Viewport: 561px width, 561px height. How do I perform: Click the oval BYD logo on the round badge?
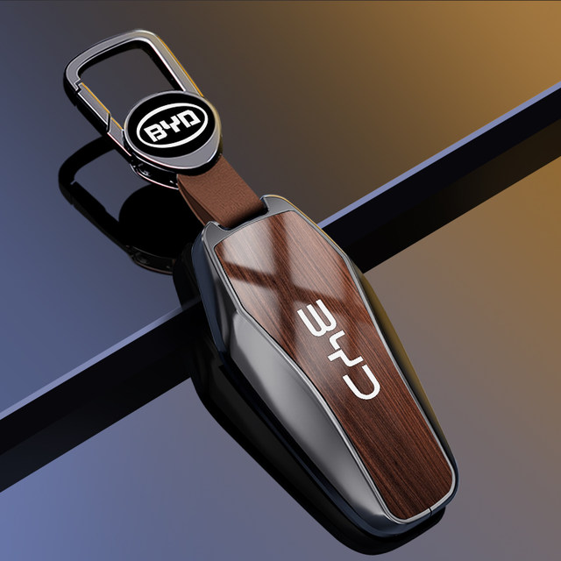[x=172, y=125]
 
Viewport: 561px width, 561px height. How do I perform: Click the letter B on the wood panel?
[x=316, y=317]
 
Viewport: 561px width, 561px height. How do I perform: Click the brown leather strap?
[x=220, y=193]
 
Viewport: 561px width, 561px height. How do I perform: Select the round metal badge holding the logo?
[x=172, y=130]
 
